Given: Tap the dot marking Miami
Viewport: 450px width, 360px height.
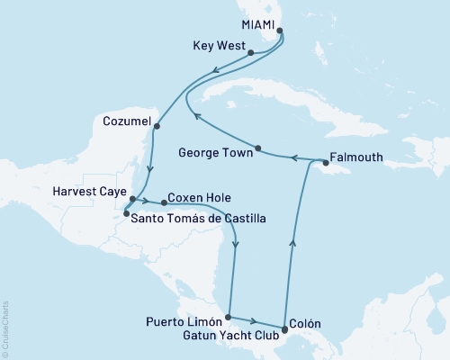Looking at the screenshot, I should tap(280, 31).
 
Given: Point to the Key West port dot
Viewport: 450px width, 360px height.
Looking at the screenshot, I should tap(250, 54).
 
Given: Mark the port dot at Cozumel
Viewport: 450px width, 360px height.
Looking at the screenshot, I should tap(157, 125).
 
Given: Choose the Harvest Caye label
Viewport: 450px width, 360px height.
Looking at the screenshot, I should tap(88, 191).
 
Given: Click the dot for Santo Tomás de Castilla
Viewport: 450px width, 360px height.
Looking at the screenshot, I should tap(126, 213).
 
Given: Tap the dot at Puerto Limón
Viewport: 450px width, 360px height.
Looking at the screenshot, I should tap(228, 317).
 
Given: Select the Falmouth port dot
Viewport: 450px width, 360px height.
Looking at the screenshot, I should tap(325, 164).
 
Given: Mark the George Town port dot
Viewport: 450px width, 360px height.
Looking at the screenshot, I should tap(258, 148).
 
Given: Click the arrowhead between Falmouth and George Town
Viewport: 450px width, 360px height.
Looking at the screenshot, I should tap(292, 159).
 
